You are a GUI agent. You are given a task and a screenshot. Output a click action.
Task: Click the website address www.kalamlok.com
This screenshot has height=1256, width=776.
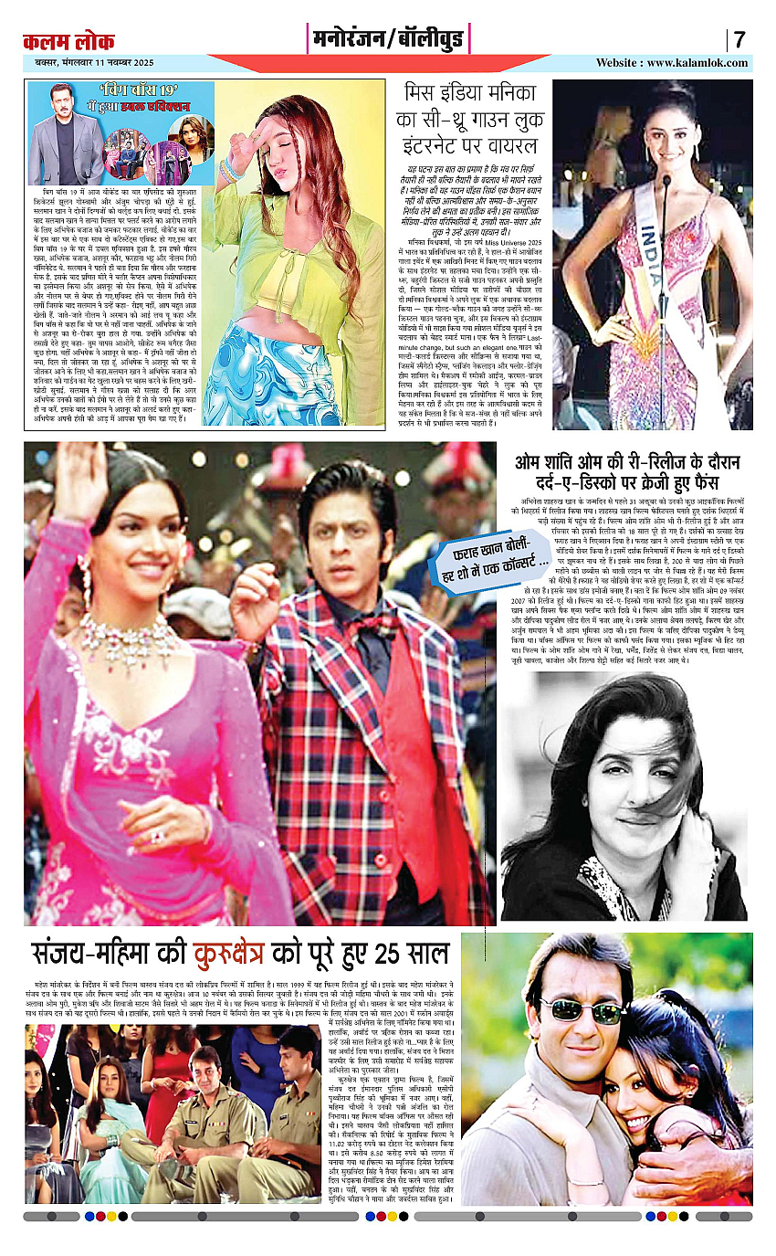[x=672, y=63]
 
